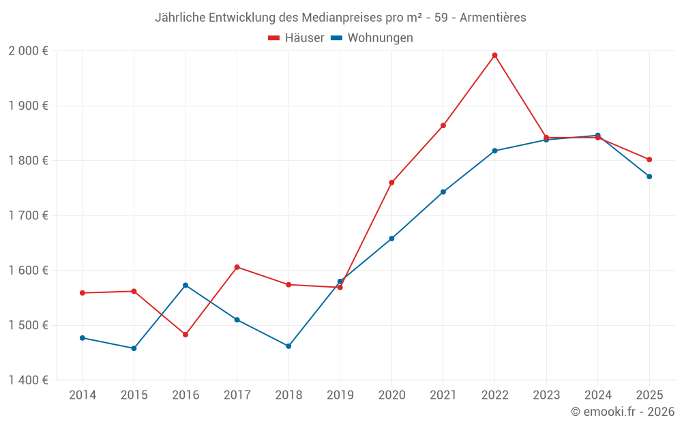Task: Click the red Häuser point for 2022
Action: click(494, 55)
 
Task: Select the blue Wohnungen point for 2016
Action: click(186, 285)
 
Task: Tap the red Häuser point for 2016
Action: click(186, 335)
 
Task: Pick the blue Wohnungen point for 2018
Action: click(288, 346)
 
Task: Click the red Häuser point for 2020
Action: click(391, 183)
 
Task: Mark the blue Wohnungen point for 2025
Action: click(649, 177)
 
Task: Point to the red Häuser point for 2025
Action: click(649, 159)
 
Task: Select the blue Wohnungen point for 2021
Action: click(443, 192)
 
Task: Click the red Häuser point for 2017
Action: click(237, 267)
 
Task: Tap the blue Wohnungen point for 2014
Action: click(83, 338)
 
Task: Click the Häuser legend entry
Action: click(296, 38)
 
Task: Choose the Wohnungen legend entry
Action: click(372, 38)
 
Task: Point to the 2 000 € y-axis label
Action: click(28, 51)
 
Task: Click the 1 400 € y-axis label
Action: click(28, 380)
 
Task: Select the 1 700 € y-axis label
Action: click(28, 215)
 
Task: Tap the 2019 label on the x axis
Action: click(340, 395)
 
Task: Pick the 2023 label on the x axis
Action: click(546, 395)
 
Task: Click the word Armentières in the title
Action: click(493, 18)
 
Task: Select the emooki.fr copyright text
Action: click(622, 412)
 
